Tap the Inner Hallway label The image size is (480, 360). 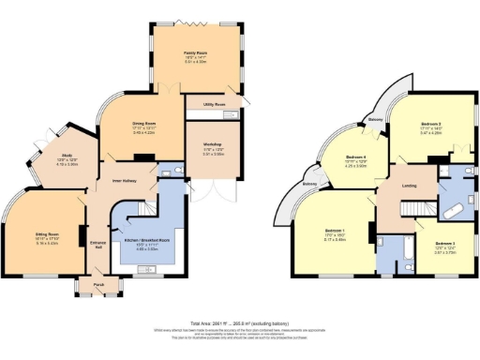(x=126, y=180)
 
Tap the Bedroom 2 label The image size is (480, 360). (x=444, y=245)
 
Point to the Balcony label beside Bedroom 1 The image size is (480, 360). (x=308, y=185)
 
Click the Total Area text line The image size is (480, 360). (x=240, y=321)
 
